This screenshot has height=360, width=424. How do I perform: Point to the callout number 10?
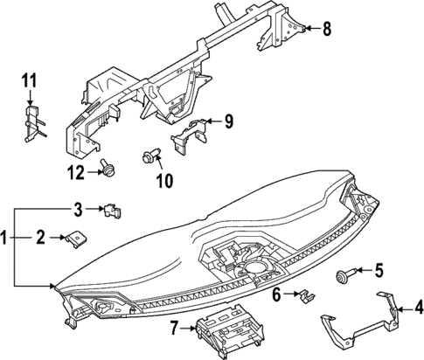[x=163, y=182]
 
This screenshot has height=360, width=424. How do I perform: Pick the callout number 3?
[x=78, y=209]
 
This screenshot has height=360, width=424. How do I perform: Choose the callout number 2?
[x=40, y=237]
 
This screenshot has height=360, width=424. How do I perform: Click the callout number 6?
[x=277, y=296]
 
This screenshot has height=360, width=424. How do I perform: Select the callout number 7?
[x=174, y=329]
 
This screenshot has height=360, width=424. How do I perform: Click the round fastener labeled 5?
[x=339, y=277]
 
